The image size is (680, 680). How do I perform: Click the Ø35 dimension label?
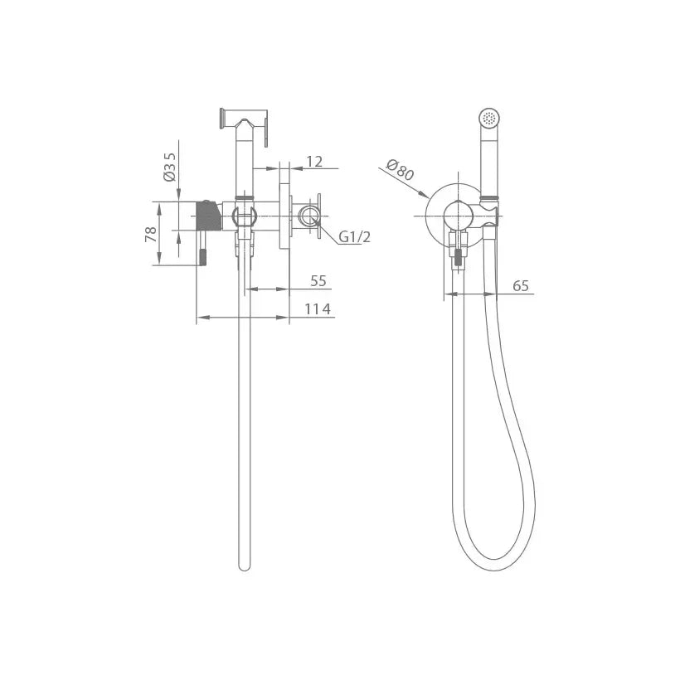(x=169, y=167)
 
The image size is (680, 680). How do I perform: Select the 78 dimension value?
(x=151, y=234)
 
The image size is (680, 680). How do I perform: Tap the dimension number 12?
(x=315, y=162)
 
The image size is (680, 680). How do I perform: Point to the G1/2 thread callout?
(x=354, y=237)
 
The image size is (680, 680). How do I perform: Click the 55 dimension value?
(x=318, y=281)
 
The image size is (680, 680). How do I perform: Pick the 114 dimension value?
(x=318, y=309)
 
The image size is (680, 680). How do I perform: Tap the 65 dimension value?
(x=521, y=286)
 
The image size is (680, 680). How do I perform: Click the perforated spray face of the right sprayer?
(x=489, y=119)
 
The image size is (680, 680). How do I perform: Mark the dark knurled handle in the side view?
(x=210, y=216)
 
